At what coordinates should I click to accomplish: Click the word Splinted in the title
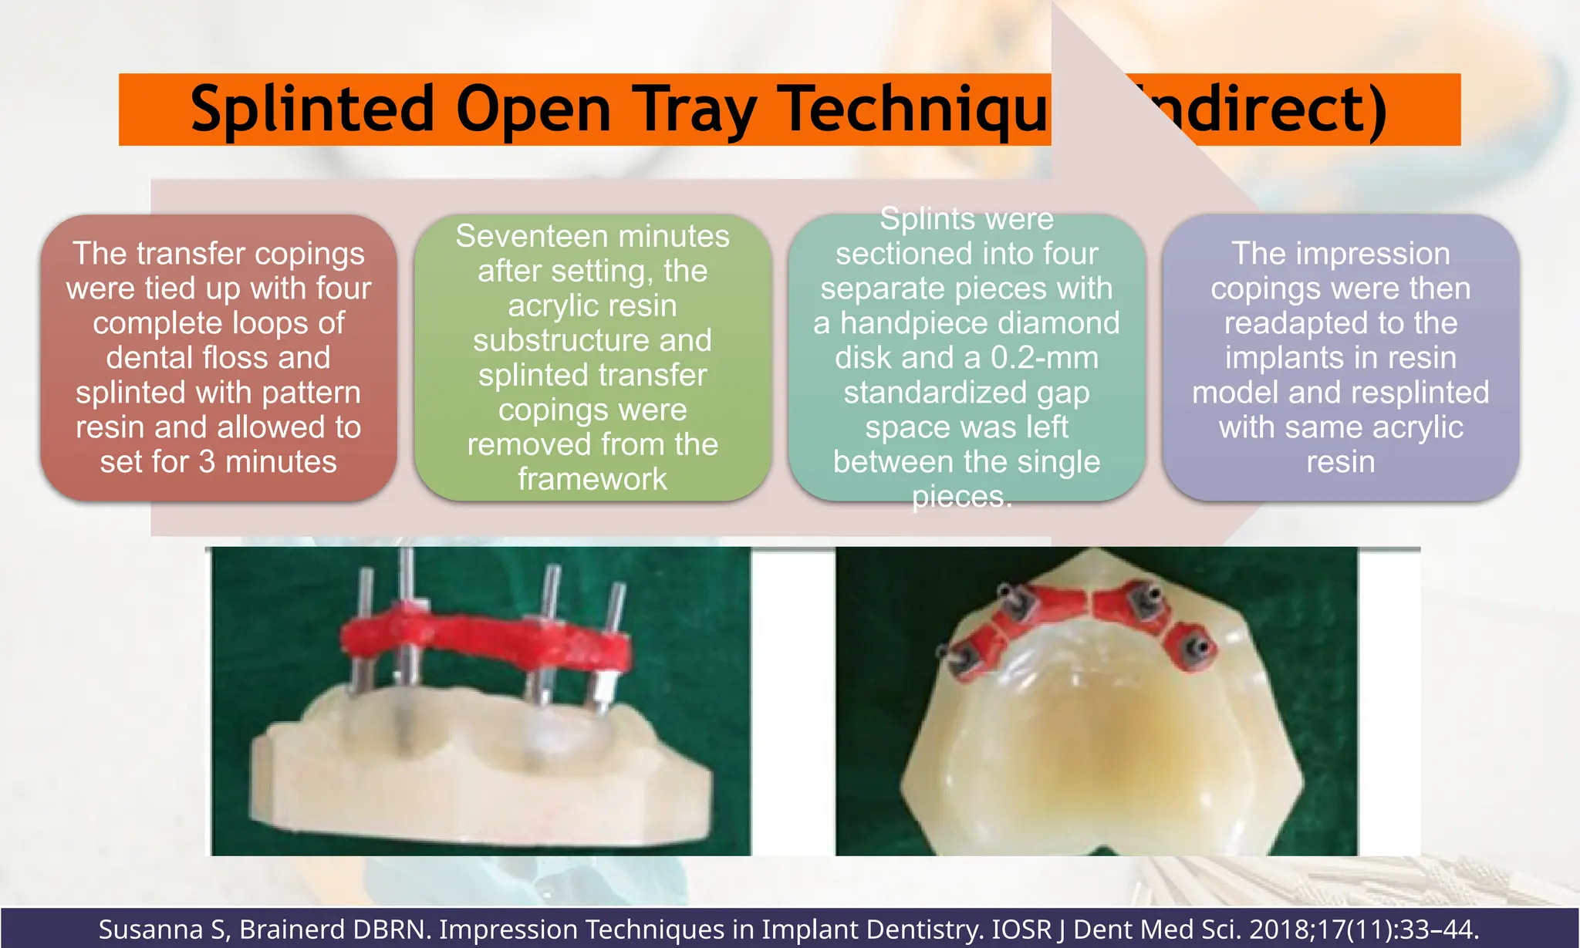(x=312, y=109)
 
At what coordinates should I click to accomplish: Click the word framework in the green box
(x=592, y=480)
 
